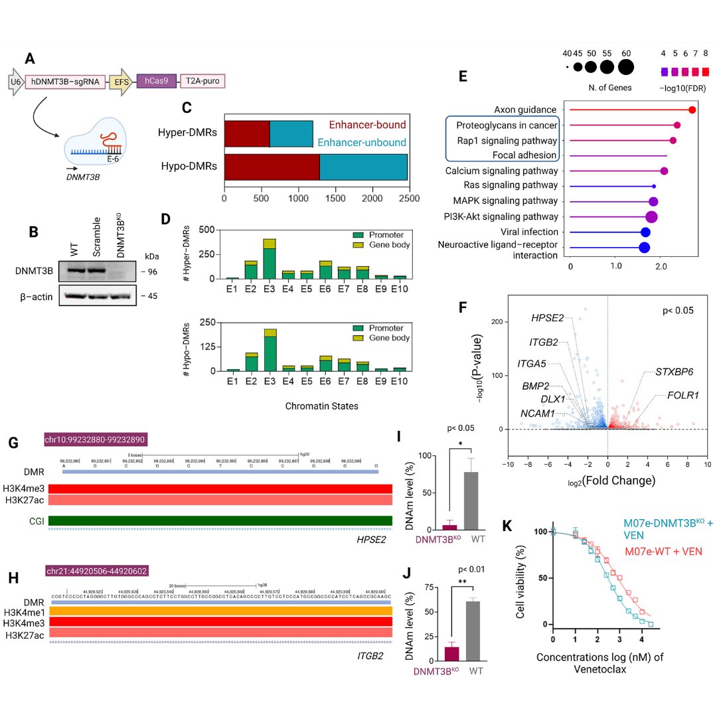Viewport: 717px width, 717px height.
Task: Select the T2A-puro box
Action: [202, 82]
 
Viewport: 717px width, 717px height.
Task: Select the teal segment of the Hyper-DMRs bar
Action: [291, 133]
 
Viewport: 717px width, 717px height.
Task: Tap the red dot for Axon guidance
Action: [692, 110]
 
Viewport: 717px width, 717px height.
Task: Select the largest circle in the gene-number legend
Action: [625, 67]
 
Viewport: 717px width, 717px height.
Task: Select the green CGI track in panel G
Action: [220, 520]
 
